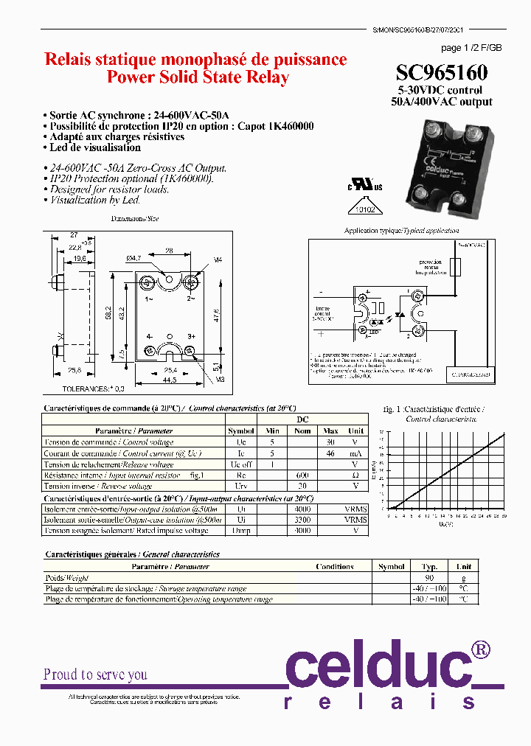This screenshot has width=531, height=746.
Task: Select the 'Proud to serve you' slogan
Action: pyautogui.click(x=95, y=674)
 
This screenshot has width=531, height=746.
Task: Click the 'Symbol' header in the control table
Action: pyautogui.click(x=241, y=430)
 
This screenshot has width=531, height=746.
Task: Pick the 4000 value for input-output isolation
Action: pyautogui.click(x=303, y=509)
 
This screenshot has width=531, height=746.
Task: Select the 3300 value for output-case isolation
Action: pyautogui.click(x=303, y=520)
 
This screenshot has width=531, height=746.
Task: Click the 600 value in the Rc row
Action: pyautogui.click(x=303, y=475)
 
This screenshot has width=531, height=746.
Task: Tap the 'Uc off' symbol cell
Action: pyautogui.click(x=241, y=464)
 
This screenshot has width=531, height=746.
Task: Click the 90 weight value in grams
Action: pyautogui.click(x=429, y=578)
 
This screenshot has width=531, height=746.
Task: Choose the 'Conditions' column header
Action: pyautogui.click(x=334, y=567)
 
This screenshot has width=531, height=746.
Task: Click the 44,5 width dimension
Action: pyautogui.click(x=170, y=380)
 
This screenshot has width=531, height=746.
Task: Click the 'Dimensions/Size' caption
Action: pyautogui.click(x=135, y=219)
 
